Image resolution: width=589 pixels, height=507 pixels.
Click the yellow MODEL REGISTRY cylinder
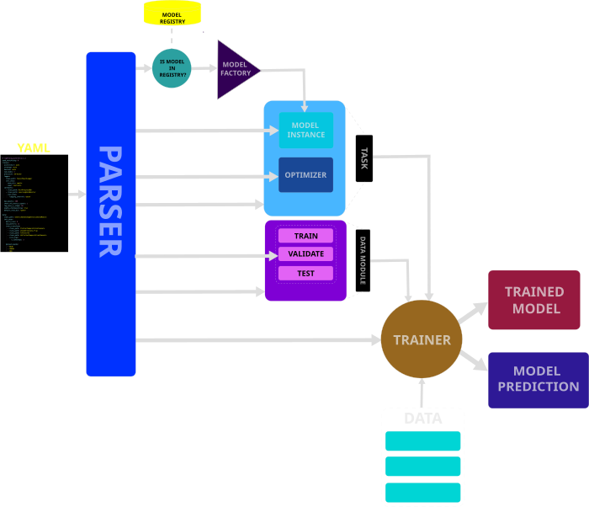pos(172,13)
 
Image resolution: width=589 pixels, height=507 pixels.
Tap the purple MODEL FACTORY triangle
pos(235,67)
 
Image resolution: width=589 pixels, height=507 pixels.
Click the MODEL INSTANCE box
pos(305,131)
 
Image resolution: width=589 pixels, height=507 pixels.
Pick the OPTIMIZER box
pos(305,175)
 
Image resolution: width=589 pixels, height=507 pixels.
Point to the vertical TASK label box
pos(364,158)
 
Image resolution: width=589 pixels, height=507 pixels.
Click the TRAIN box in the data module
pos(305,236)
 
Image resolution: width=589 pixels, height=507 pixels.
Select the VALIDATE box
pos(305,253)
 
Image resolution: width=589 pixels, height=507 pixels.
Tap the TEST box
pos(305,273)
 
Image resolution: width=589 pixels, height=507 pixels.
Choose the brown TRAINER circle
pos(422,340)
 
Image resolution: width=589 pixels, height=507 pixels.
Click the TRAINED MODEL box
pos(534,300)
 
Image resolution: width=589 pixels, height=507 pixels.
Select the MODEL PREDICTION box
pos(538,380)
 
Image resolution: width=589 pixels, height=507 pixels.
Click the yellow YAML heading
pos(34,148)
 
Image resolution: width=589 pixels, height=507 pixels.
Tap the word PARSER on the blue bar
pos(110,202)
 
